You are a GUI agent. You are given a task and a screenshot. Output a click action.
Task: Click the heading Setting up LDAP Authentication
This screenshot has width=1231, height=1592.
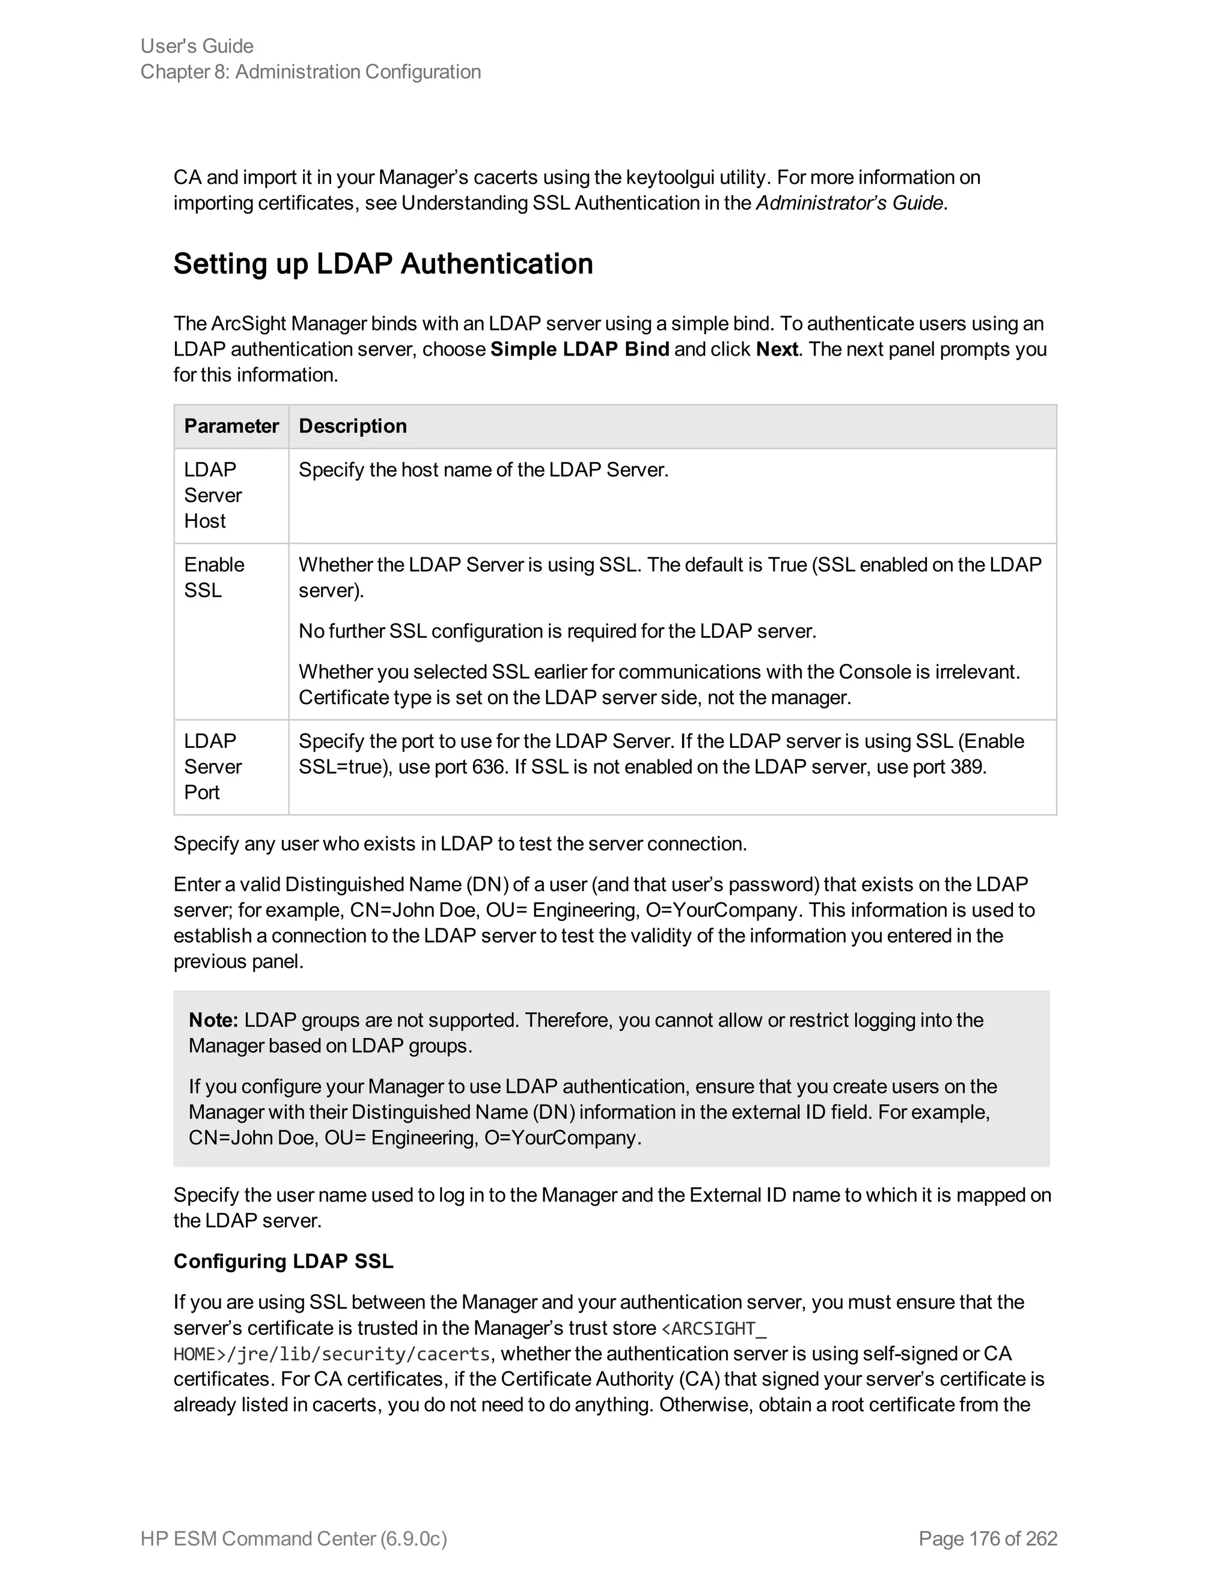(x=383, y=264)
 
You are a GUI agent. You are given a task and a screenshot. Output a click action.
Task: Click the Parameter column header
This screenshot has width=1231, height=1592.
(x=231, y=427)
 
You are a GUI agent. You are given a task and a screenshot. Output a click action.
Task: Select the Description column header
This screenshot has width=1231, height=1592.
(x=353, y=427)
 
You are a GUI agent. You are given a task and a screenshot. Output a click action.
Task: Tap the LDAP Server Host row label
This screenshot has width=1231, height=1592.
(x=212, y=496)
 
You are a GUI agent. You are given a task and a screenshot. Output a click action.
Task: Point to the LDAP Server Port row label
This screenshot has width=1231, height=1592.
(x=212, y=767)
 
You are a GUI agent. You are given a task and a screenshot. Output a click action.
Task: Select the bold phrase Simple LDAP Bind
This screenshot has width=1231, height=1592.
(x=580, y=349)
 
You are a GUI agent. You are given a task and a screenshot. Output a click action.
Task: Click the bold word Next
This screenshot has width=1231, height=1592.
(x=777, y=349)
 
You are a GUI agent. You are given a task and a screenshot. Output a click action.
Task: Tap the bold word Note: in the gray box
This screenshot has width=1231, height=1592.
(x=213, y=1020)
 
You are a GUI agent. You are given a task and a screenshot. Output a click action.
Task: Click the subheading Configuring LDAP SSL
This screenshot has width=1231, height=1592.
(x=284, y=1262)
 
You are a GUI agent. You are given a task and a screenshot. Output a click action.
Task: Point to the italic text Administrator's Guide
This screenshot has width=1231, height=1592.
(x=849, y=204)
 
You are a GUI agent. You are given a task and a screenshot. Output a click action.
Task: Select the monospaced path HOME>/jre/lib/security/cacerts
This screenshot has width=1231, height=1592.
(x=332, y=1354)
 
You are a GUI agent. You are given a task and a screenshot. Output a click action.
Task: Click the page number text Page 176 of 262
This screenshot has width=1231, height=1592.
(x=988, y=1539)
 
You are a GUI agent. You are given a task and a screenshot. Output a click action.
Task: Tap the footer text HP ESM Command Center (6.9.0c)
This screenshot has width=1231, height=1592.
(x=294, y=1539)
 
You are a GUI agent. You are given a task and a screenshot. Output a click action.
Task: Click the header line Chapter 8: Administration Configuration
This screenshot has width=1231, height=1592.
(x=311, y=72)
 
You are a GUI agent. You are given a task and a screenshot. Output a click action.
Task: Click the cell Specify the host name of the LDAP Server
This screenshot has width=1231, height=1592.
(x=483, y=470)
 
